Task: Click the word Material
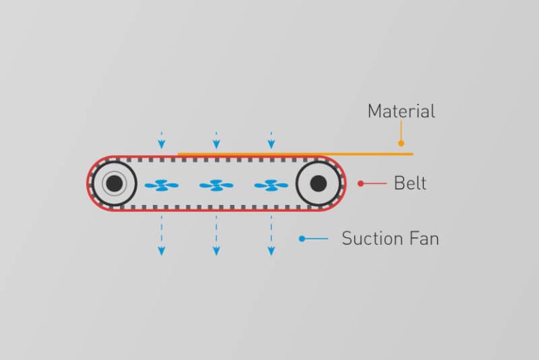(401, 111)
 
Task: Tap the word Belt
(410, 183)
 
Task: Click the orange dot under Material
(401, 143)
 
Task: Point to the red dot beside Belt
(361, 184)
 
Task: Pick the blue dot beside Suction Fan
(302, 239)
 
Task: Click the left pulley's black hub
(114, 184)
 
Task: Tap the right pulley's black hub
(319, 184)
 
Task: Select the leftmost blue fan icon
(161, 185)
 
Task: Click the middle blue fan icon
(216, 185)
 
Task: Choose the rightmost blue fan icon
(271, 185)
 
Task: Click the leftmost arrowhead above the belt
(161, 145)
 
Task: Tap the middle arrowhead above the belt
(216, 145)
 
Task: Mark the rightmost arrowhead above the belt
(271, 145)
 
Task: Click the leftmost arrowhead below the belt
(161, 251)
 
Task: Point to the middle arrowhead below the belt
(216, 251)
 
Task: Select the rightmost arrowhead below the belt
(271, 251)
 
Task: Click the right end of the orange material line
(413, 154)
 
